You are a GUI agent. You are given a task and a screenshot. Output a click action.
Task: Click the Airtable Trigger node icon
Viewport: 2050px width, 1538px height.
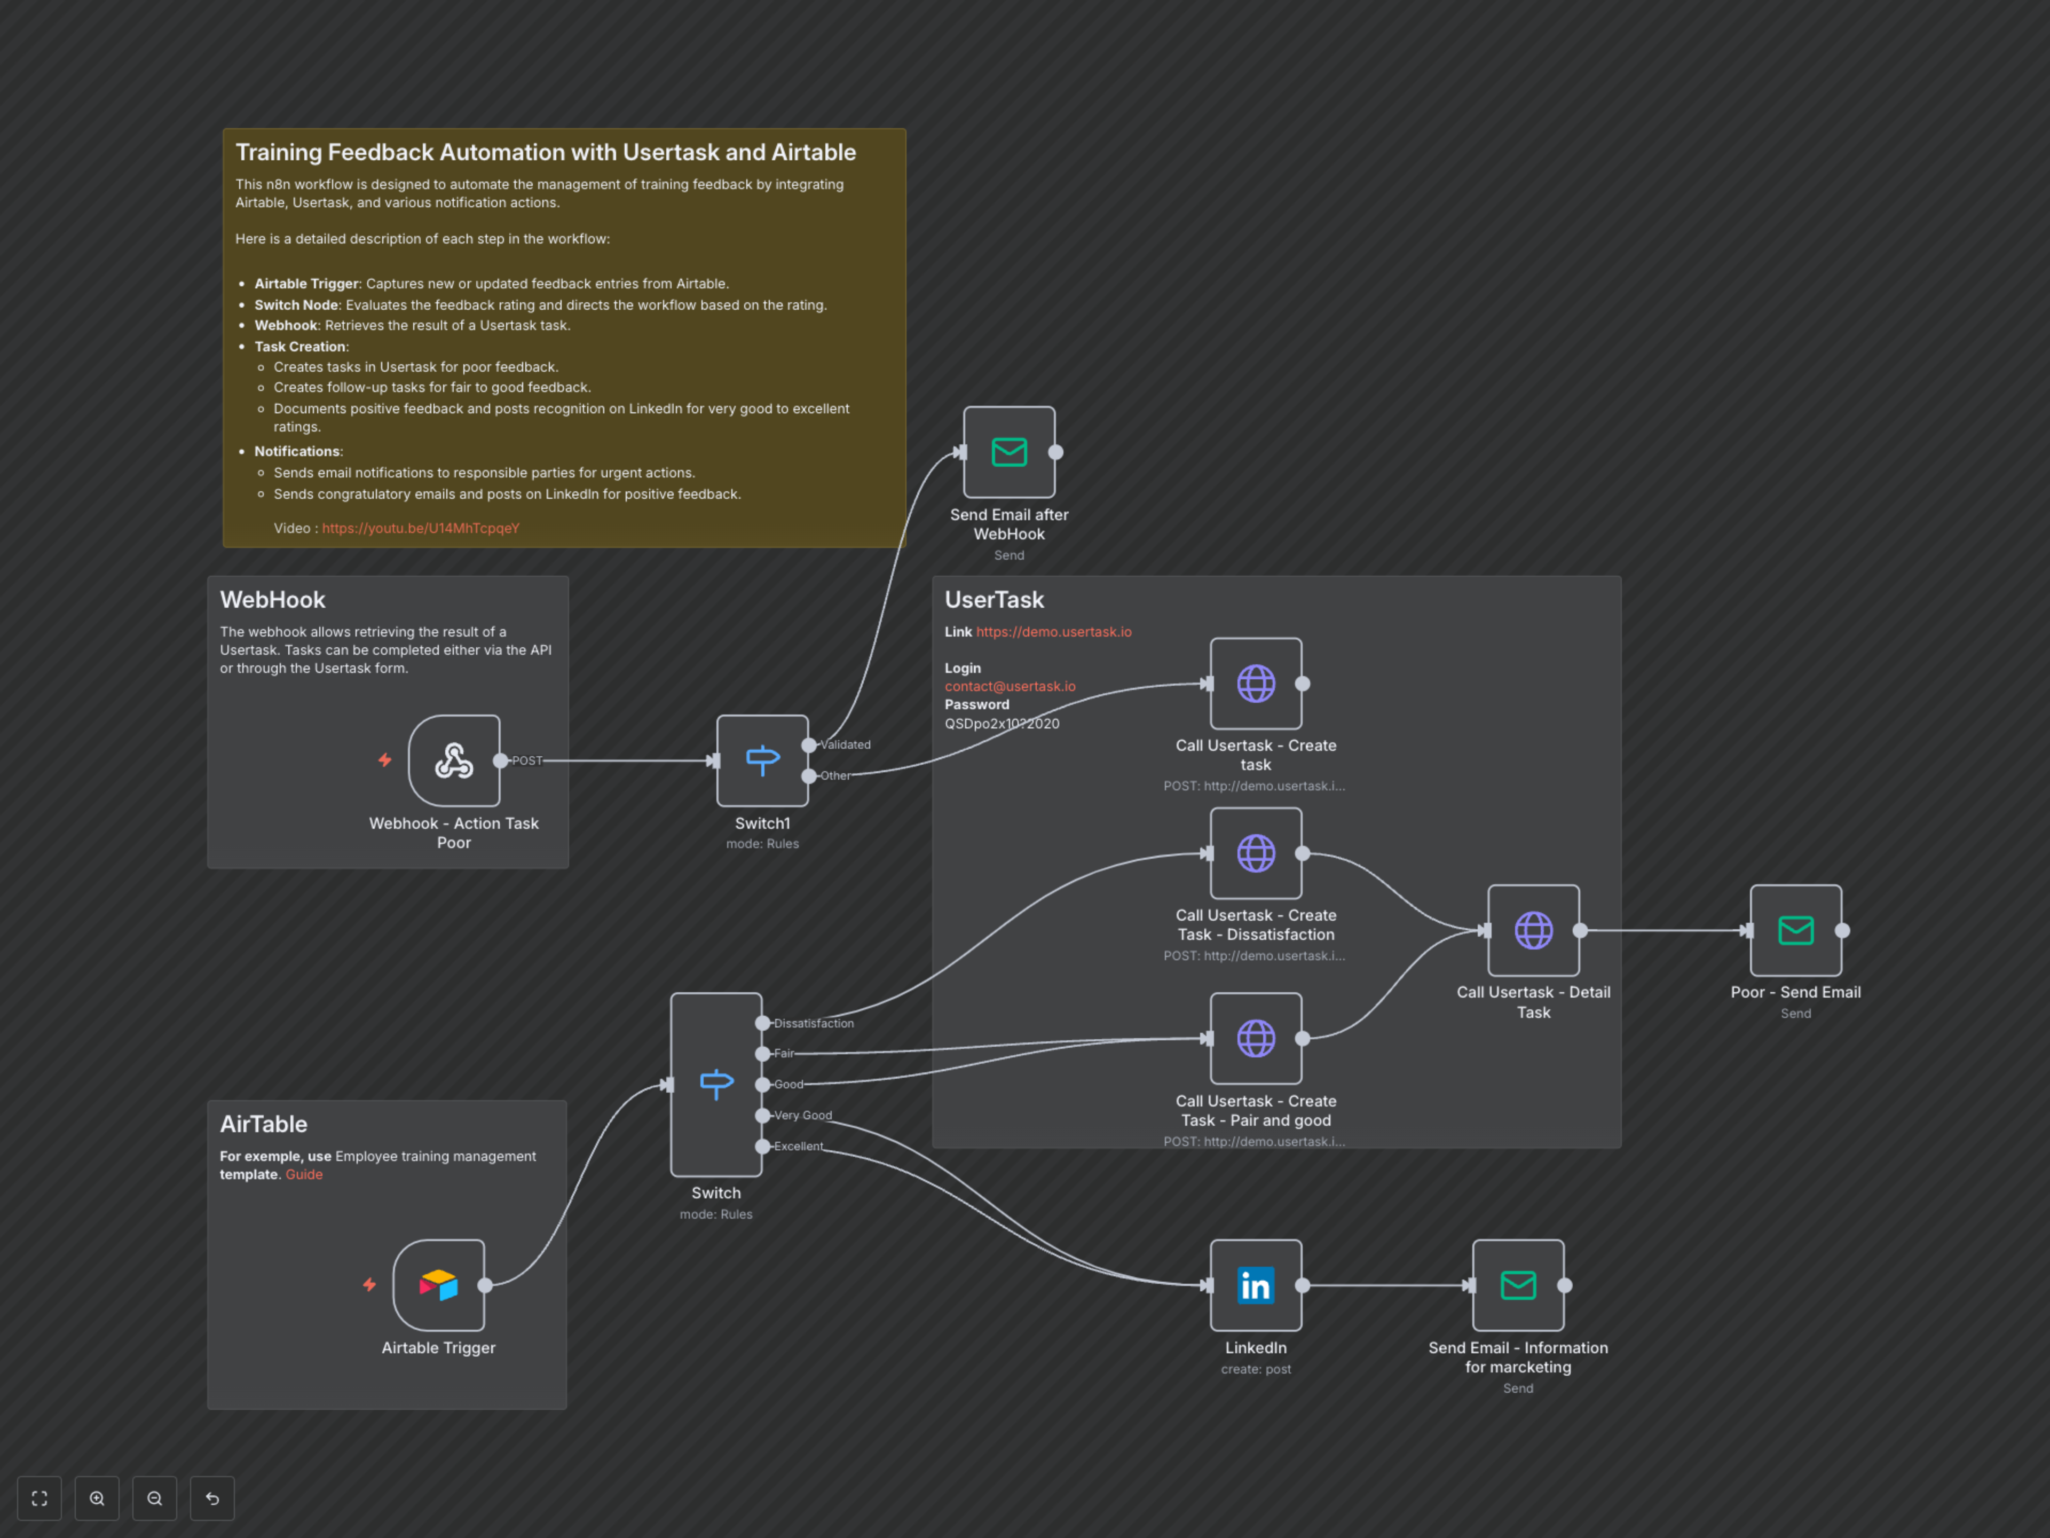click(438, 1285)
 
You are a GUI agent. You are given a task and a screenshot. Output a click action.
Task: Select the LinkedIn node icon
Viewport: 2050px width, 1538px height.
click(1256, 1285)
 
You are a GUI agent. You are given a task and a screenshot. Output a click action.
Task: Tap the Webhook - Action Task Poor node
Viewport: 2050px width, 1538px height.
click(454, 760)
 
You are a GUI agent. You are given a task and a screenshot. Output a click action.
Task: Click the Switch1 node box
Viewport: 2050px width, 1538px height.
click(762, 760)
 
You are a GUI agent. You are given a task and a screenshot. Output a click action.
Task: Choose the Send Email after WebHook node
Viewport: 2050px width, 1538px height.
click(1008, 452)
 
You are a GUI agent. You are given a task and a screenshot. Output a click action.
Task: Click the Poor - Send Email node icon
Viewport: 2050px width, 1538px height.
click(1795, 930)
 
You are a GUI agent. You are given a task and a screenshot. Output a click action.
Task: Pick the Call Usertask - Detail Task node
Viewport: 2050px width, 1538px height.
click(1533, 930)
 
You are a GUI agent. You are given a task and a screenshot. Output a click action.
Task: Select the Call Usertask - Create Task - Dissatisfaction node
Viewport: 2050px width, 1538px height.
click(1256, 853)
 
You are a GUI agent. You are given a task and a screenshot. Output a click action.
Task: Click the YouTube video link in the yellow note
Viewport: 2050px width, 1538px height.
click(421, 529)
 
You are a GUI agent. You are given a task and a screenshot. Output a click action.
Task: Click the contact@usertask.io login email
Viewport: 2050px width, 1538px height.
click(1009, 687)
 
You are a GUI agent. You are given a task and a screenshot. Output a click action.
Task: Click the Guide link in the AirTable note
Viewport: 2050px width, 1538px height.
click(304, 1174)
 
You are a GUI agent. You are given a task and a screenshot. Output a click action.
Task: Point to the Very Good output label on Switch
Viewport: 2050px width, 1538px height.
click(802, 1115)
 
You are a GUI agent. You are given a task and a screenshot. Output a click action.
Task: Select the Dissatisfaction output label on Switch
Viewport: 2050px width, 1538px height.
click(814, 1024)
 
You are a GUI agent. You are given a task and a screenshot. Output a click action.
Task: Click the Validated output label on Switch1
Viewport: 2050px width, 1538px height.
click(845, 744)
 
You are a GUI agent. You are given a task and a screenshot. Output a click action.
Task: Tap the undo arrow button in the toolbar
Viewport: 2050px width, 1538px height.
click(212, 1498)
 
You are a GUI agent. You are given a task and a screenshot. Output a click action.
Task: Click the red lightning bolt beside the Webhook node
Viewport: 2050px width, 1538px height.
click(384, 760)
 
